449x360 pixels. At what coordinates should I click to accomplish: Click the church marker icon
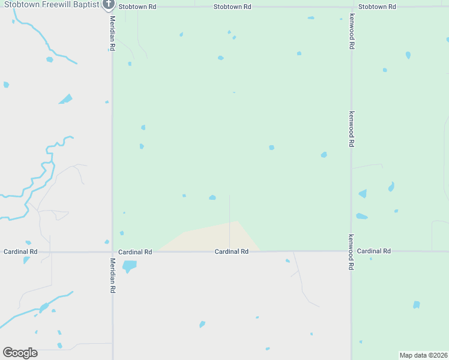point(108,5)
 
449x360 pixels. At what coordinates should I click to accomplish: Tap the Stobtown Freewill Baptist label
point(51,5)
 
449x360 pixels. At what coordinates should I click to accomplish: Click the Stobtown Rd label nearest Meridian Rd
point(137,7)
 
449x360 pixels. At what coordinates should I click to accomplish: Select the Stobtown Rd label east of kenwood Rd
point(377,7)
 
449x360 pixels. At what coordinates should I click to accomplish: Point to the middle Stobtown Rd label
point(232,7)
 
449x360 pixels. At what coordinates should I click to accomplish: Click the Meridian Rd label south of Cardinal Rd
point(112,275)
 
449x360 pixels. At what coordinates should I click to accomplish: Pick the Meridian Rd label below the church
point(112,34)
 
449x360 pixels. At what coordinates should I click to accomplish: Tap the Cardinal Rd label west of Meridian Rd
point(20,251)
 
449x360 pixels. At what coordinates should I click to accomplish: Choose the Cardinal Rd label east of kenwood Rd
point(373,251)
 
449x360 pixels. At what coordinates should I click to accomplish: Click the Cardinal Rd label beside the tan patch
point(232,251)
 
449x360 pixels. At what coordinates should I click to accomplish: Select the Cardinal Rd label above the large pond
point(135,251)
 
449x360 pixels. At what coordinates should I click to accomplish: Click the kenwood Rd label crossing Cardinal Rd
point(351,252)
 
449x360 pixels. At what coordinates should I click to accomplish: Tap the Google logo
point(20,353)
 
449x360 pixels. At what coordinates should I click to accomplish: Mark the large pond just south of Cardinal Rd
point(129,265)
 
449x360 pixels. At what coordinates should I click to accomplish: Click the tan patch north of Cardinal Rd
point(216,237)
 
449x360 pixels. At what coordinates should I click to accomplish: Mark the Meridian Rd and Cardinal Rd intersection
point(112,251)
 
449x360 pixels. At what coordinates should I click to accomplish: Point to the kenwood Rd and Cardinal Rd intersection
point(351,251)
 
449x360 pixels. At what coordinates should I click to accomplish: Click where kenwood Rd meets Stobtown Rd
point(351,7)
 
